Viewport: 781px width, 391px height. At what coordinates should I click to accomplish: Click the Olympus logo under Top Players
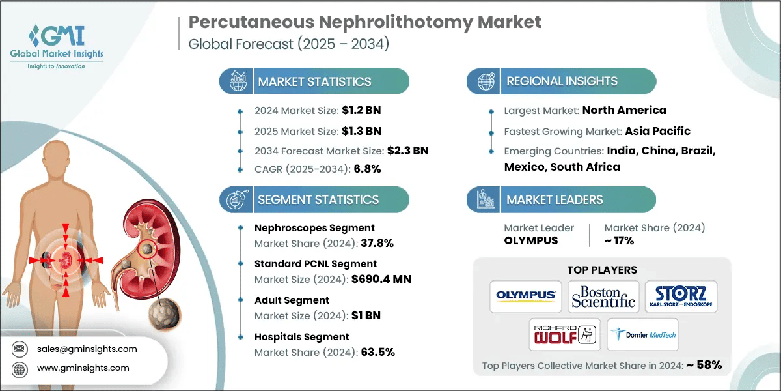click(526, 295)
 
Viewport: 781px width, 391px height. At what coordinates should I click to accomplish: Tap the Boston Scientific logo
click(603, 295)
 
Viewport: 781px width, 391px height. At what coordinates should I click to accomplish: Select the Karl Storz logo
click(681, 295)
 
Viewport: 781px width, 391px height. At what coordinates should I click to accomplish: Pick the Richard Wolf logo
click(564, 334)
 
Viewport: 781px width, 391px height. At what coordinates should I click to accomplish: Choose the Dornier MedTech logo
click(642, 334)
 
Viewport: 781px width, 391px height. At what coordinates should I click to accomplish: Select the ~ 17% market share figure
click(619, 240)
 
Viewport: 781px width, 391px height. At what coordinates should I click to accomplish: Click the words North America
click(624, 110)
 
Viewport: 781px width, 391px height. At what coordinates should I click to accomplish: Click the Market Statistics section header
click(314, 81)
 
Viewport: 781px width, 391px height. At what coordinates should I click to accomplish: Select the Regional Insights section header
click(562, 81)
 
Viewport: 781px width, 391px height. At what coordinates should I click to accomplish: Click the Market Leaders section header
click(555, 200)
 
